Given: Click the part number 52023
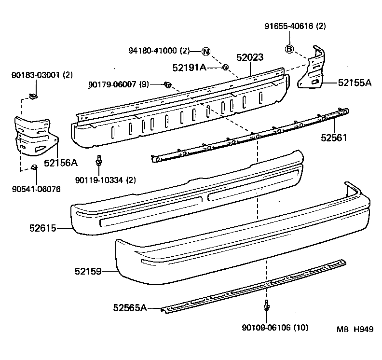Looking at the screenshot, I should (249, 58).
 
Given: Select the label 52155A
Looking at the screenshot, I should (355, 83).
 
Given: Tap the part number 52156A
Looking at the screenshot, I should (60, 163).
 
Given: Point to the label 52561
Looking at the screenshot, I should (334, 138).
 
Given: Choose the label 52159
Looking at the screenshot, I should (88, 272).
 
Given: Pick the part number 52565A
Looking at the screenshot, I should (130, 307).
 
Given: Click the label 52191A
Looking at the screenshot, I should (189, 68).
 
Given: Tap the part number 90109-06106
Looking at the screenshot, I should (268, 328).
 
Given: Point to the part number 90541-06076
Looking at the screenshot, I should (36, 189).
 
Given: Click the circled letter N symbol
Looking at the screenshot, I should (205, 51).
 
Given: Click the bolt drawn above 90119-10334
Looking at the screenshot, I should (99, 160).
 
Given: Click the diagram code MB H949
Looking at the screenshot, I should (355, 329).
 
